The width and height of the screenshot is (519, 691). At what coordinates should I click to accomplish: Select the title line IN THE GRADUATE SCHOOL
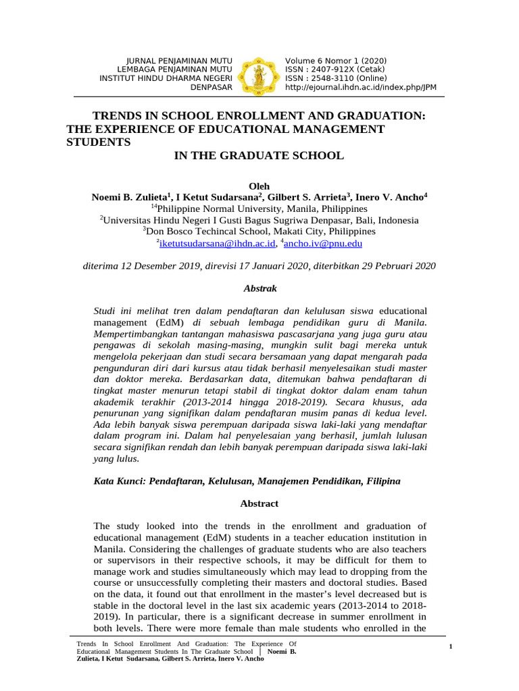(259, 156)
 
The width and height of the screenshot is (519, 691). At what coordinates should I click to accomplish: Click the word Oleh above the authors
(259, 186)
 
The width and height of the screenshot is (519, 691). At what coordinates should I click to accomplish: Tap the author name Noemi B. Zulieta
(129, 197)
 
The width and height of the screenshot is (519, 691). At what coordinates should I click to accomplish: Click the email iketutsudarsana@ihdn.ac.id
(217, 244)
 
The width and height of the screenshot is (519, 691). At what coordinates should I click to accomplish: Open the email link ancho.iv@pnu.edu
(324, 244)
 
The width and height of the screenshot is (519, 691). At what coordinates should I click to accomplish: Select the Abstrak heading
(259, 288)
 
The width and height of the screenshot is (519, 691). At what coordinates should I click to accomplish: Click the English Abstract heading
(259, 504)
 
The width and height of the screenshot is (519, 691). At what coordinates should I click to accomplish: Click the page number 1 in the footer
(449, 648)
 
